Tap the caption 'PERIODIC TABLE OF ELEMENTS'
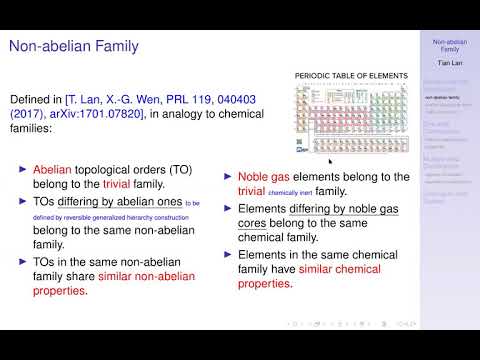click(x=351, y=76)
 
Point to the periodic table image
click(x=352, y=117)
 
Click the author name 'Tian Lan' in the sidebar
click(x=450, y=61)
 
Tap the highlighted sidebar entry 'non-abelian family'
click(x=450, y=99)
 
